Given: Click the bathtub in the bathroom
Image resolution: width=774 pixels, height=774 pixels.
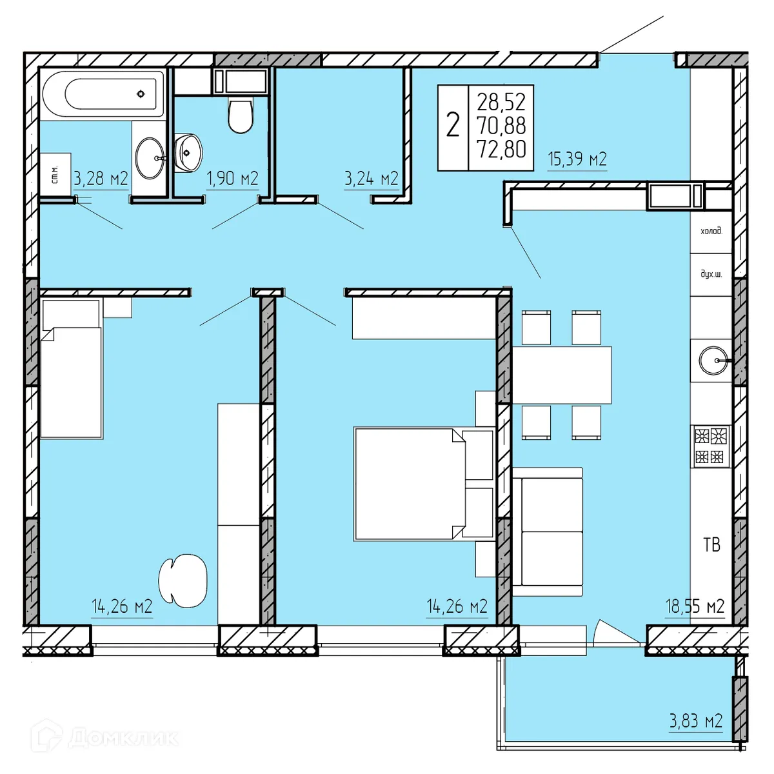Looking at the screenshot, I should (103, 94).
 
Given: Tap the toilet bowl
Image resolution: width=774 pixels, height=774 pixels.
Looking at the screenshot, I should (241, 115).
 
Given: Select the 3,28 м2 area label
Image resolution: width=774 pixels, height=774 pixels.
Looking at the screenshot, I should (101, 179).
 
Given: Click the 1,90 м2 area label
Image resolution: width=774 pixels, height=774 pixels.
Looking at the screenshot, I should (232, 179).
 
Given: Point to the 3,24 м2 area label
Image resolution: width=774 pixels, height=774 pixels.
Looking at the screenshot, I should (371, 179).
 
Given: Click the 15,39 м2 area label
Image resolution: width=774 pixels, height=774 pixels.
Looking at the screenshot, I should (577, 159).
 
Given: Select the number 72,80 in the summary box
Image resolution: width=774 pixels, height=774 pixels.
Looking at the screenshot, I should (501, 148).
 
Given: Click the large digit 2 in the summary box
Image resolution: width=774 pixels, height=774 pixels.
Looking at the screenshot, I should (453, 125).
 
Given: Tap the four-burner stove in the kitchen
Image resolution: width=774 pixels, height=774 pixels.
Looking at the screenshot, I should (711, 446).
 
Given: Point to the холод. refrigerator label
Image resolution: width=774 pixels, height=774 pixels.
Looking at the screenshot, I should (711, 230).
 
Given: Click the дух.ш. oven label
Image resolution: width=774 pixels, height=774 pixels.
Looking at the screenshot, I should (711, 274).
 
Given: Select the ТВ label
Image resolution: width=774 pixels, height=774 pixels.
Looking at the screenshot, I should (711, 545).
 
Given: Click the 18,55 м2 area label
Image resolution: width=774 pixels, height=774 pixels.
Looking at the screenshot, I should (695, 606).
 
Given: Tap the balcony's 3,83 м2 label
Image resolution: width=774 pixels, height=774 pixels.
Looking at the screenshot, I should (695, 720).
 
